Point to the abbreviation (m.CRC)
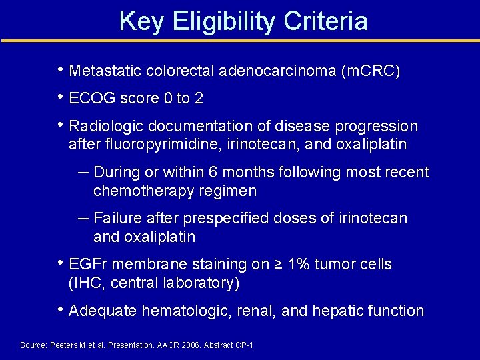pos(370,71)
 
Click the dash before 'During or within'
pos(83,171)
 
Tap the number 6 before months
pos(213,173)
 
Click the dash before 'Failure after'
pos(83,217)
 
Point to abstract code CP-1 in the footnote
pos(243,345)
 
